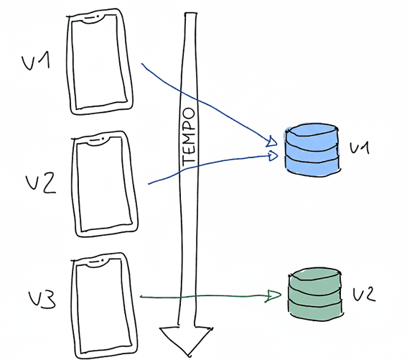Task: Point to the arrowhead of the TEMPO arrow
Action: (186, 338)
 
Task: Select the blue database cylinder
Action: (310, 149)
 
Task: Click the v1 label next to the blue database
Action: (358, 148)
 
